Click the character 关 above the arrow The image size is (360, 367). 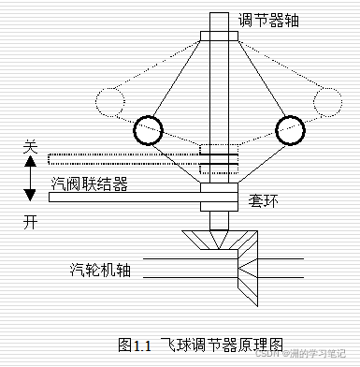(30, 147)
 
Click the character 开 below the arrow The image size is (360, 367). (30, 222)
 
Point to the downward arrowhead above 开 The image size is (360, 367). (30, 196)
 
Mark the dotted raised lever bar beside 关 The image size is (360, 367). (122, 157)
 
